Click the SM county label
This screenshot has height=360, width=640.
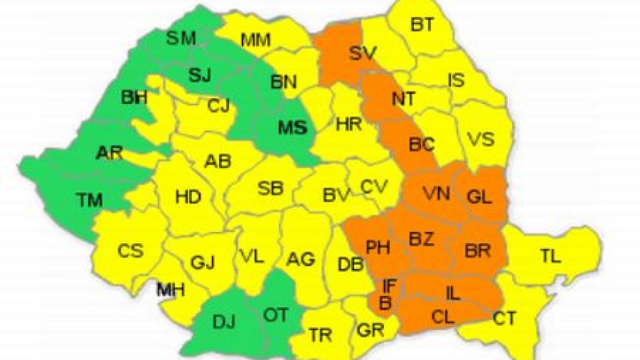point(182,38)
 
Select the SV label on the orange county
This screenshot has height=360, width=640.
point(363,53)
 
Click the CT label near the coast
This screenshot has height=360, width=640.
point(504,319)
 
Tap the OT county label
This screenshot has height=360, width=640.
point(276,315)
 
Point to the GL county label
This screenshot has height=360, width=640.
point(478,196)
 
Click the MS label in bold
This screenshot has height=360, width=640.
point(293,128)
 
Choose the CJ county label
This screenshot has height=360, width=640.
point(219,106)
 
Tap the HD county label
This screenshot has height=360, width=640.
point(188,197)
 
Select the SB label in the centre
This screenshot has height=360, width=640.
point(270,188)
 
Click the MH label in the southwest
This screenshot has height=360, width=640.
point(171,291)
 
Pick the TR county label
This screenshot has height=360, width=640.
point(321,335)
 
